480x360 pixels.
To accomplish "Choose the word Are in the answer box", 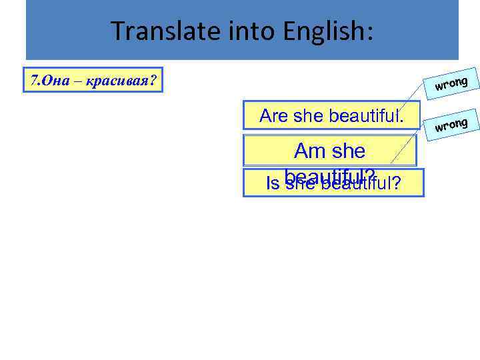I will click(x=273, y=116).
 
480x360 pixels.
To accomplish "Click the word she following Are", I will click(x=307, y=116).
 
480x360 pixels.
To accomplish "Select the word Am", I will click(x=309, y=151).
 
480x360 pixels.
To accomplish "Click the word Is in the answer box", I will click(x=273, y=183).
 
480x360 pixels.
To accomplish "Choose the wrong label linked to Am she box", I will click(x=453, y=123).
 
